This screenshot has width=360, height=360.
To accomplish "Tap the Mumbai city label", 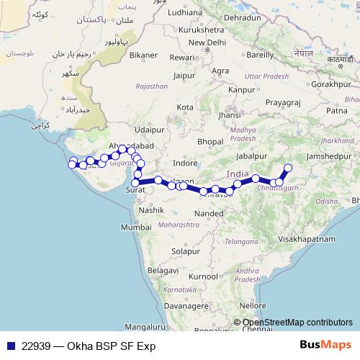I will point(136,227).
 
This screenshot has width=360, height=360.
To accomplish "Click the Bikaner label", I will point(143,55).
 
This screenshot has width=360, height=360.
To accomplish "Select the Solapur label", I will point(185,251).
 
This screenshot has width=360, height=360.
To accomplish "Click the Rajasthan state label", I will point(152,86).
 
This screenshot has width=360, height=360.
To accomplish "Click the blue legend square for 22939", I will point(11,346).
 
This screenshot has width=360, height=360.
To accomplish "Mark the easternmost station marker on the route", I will point(288,168).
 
